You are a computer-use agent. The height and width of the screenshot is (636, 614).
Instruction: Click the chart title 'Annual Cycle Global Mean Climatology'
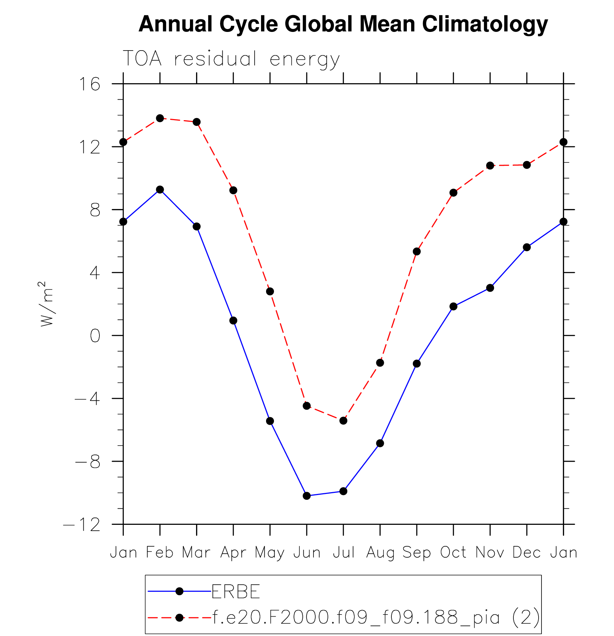(x=343, y=24)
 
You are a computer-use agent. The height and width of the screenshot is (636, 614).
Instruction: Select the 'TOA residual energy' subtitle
(x=231, y=59)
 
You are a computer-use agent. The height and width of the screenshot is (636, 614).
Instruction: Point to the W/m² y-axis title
(x=47, y=304)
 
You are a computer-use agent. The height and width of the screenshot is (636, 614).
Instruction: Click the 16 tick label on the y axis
(x=89, y=85)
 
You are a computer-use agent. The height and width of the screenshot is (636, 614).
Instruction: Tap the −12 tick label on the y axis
(x=82, y=525)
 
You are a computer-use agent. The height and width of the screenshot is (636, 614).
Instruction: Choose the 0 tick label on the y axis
(x=95, y=336)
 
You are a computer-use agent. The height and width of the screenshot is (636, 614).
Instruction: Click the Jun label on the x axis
(x=307, y=553)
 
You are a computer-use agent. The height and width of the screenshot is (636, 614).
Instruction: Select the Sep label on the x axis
(x=417, y=553)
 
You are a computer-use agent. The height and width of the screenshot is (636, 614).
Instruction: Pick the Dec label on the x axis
(x=526, y=553)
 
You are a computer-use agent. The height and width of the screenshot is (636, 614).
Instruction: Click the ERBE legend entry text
(x=236, y=592)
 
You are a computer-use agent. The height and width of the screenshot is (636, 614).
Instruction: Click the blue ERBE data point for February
(x=160, y=189)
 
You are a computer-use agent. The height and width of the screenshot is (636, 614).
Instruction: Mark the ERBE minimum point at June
(x=307, y=496)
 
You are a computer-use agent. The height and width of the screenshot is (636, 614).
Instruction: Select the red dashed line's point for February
(x=160, y=118)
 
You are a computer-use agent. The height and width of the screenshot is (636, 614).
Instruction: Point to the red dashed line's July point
(x=343, y=420)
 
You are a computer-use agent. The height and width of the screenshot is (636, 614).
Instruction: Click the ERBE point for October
(x=453, y=306)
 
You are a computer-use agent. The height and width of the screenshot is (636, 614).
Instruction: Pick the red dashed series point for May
(x=270, y=291)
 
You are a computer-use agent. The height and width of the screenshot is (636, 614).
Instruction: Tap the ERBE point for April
(x=233, y=320)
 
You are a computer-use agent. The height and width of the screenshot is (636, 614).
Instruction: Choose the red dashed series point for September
(x=417, y=251)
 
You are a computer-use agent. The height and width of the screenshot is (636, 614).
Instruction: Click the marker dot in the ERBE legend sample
(x=180, y=591)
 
